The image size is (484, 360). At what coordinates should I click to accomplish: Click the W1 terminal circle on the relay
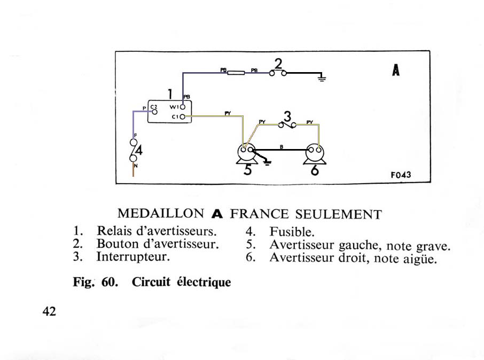(182, 107)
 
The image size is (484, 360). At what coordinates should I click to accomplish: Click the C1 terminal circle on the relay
(182, 117)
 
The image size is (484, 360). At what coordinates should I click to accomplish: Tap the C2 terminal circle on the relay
(154, 112)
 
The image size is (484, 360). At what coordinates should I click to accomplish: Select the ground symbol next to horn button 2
(322, 77)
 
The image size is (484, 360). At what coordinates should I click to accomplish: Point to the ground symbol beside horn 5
(267, 162)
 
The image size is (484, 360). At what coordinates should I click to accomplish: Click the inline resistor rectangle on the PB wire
(236, 73)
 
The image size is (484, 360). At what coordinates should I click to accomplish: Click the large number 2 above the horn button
(278, 64)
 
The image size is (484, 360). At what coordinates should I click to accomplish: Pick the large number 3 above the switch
(287, 117)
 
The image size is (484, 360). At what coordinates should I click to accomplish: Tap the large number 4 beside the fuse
(139, 151)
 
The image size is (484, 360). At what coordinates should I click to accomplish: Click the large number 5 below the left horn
(247, 170)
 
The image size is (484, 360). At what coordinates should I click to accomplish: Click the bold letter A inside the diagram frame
(396, 70)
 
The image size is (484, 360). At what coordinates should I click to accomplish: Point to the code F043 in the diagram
(401, 175)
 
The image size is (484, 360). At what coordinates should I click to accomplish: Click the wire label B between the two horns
(281, 147)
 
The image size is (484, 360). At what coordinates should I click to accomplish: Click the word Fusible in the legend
(292, 232)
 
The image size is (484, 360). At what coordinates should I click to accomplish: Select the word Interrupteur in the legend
(133, 257)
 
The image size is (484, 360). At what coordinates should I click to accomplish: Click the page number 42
(49, 311)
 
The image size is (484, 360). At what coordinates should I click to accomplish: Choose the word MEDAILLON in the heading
(161, 214)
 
